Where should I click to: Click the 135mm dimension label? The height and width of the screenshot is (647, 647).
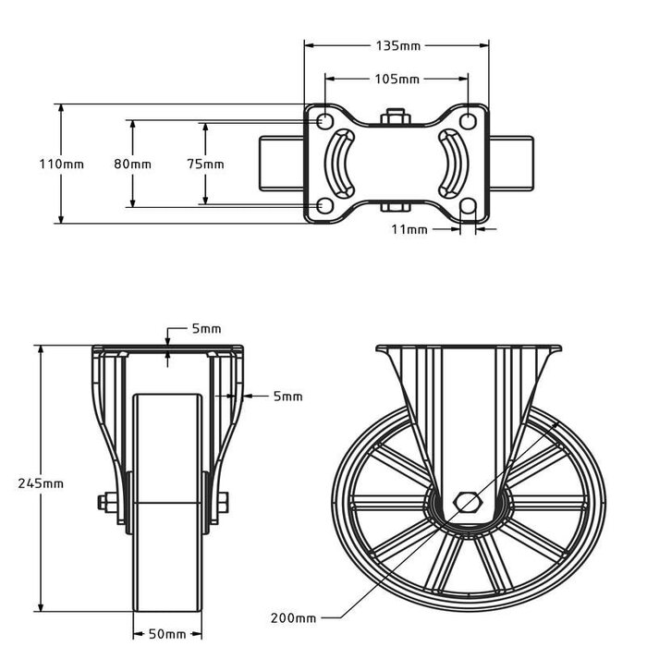click(x=397, y=44)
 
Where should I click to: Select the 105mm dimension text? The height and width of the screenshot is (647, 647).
click(x=397, y=79)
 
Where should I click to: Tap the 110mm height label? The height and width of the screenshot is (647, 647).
click(x=61, y=164)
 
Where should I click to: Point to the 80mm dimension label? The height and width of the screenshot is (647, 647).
click(x=132, y=164)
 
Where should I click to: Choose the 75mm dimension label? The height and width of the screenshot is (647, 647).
click(x=205, y=164)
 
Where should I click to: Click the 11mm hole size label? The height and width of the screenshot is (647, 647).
click(x=409, y=228)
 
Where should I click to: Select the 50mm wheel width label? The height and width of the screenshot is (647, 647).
click(x=167, y=634)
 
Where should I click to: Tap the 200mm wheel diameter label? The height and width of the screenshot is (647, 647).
click(x=294, y=617)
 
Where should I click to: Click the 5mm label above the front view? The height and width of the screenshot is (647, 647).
click(x=206, y=329)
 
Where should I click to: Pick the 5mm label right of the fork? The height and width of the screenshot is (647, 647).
click(x=288, y=397)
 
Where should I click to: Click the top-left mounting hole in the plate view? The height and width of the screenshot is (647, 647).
click(x=324, y=121)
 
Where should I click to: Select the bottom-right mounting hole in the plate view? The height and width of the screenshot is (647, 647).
click(x=469, y=205)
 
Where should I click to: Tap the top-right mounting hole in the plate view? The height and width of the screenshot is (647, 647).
click(x=469, y=121)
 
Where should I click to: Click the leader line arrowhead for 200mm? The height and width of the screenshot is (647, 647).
click(x=561, y=421)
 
